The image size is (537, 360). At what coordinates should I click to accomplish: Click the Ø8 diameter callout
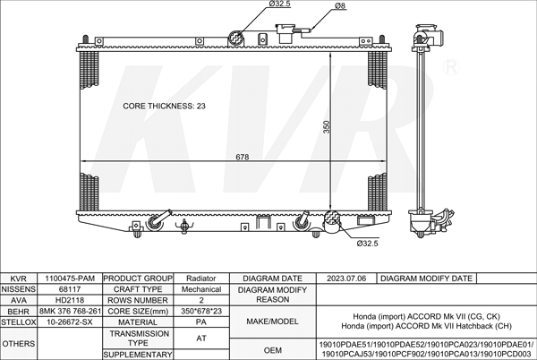(340, 6)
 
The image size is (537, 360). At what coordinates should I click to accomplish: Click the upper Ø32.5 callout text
(279, 4)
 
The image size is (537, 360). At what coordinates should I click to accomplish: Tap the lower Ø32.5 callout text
(367, 244)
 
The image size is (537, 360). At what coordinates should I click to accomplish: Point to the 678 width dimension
(243, 157)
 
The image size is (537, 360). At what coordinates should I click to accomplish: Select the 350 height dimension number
(327, 127)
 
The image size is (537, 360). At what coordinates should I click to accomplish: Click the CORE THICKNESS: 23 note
(164, 107)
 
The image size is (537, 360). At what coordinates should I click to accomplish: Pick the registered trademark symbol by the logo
(451, 67)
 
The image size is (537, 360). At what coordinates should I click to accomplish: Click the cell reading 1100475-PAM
(70, 279)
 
